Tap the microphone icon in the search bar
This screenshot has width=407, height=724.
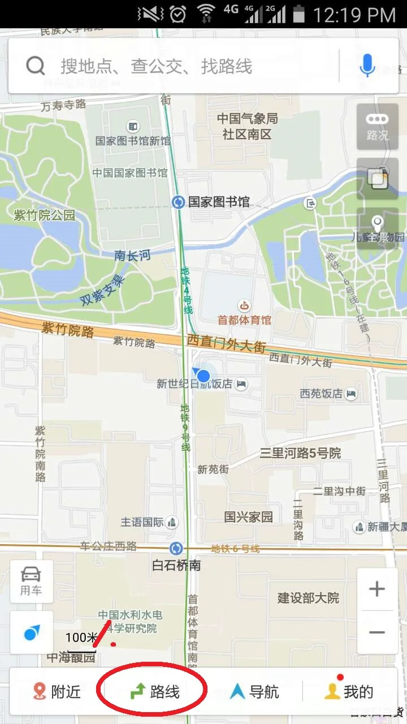click(367, 66)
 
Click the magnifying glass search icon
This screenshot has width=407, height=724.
click(35, 66)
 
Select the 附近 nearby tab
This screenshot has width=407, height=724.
click(57, 691)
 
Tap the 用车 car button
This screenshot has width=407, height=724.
click(31, 581)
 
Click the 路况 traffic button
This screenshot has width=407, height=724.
click(377, 126)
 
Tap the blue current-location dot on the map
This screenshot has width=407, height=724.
click(203, 376)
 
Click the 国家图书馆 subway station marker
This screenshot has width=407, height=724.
click(178, 202)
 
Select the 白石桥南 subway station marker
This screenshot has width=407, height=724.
click(176, 548)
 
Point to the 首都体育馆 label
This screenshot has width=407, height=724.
click(245, 320)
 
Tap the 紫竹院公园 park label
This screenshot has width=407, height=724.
click(44, 215)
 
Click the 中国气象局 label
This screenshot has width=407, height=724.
click(248, 119)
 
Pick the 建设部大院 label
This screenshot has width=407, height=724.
click(308, 598)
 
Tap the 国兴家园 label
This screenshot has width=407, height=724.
click(248, 516)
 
